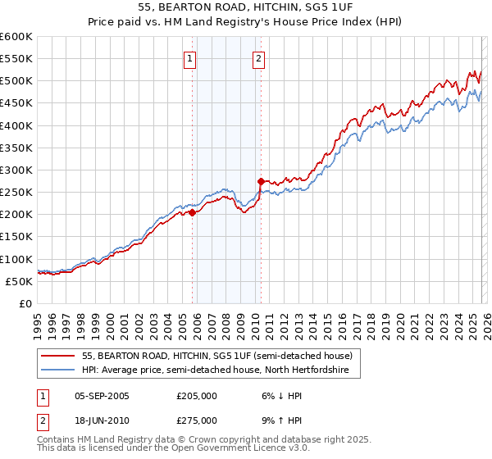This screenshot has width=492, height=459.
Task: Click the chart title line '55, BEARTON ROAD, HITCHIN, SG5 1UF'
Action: coord(246,7)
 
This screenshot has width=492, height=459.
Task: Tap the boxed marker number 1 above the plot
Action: coord(190,58)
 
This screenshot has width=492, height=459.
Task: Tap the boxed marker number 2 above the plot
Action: coord(259,58)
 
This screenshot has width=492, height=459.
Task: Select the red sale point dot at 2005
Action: coord(192,212)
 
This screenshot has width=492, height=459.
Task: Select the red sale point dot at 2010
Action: coord(261,181)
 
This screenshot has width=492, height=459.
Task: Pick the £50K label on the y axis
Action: coord(19,281)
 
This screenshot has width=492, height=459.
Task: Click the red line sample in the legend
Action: coord(58,356)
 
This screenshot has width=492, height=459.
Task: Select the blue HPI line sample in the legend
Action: coord(58,370)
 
